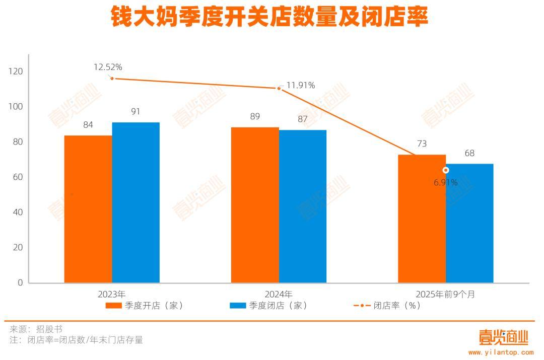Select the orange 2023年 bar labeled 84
tap(88, 209)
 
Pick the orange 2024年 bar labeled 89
tap(255, 205)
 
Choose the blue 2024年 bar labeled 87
tap(303, 206)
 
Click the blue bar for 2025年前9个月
tap(469, 223)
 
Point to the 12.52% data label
tap(108, 67)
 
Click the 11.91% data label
tap(301, 86)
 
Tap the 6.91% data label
tap(446, 182)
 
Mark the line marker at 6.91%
tap(446, 170)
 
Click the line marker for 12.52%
tap(112, 78)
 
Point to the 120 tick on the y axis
tap(16, 71)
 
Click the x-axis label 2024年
tap(279, 294)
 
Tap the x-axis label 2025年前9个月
tap(445, 294)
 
